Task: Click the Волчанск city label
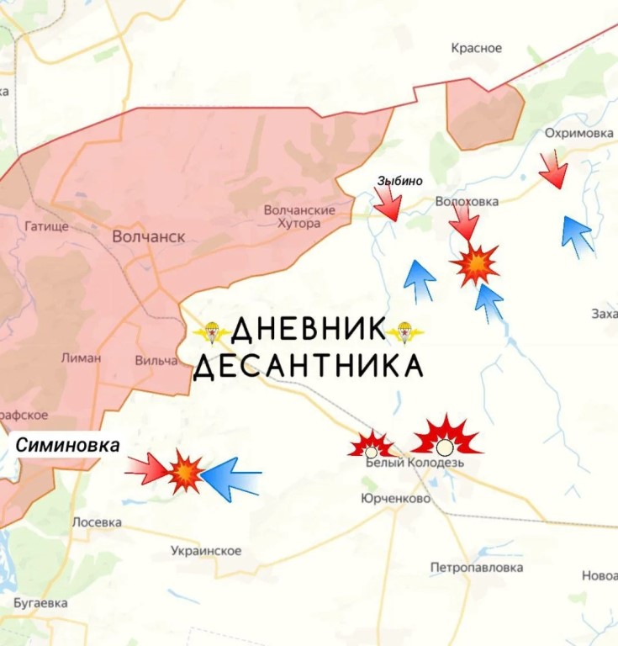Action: pos(149,236)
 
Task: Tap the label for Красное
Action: pos(476,48)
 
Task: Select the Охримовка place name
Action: pos(578,134)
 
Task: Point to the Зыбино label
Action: pos(399,181)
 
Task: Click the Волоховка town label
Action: pos(467,202)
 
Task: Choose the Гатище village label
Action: pos(46,226)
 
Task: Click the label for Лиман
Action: pos(81,357)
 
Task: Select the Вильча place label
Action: pos(156,361)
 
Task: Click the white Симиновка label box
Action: pos(67,446)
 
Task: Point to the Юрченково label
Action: pos(395,499)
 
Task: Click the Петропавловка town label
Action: pos(476,568)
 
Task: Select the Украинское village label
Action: pos(205,551)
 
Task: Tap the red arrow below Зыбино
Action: pos(388,203)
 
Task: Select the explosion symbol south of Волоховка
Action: pos(475,265)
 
